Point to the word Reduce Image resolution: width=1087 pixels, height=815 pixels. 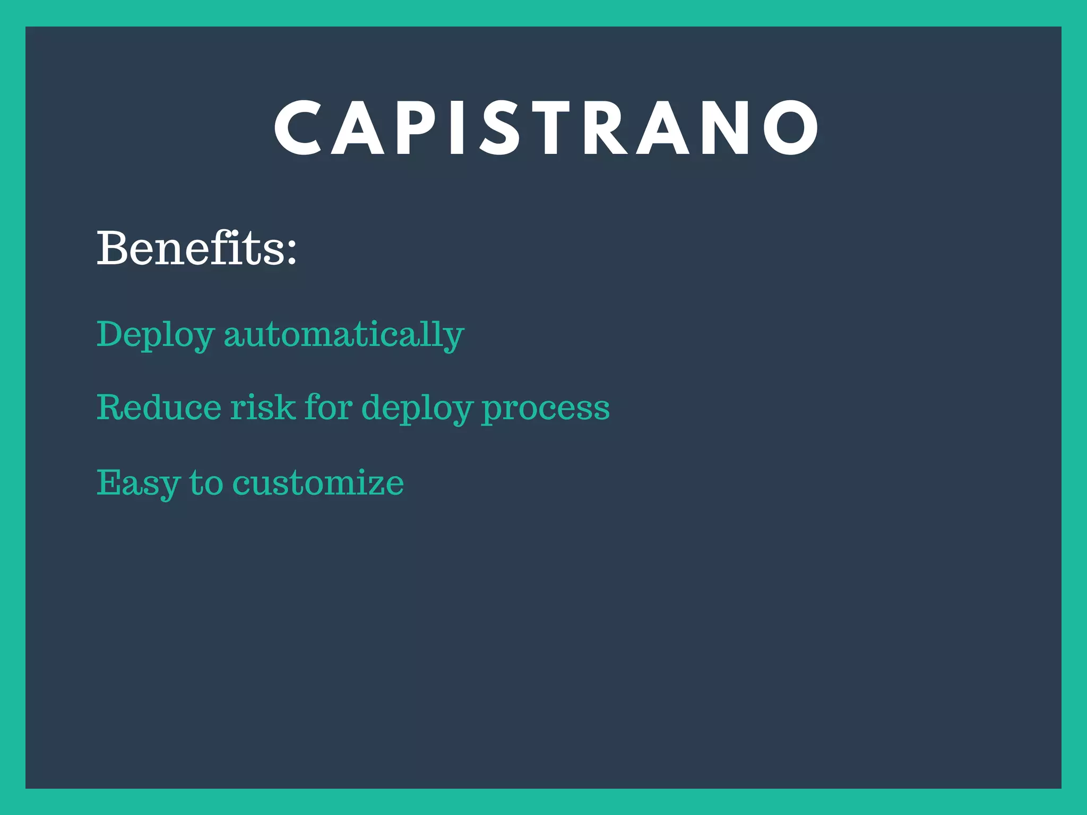click(159, 407)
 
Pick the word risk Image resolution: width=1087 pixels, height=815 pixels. click(262, 407)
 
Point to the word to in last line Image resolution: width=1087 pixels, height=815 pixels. click(206, 483)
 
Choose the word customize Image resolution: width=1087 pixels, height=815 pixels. click(318, 483)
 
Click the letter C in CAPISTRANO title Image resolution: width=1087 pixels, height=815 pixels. click(297, 128)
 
